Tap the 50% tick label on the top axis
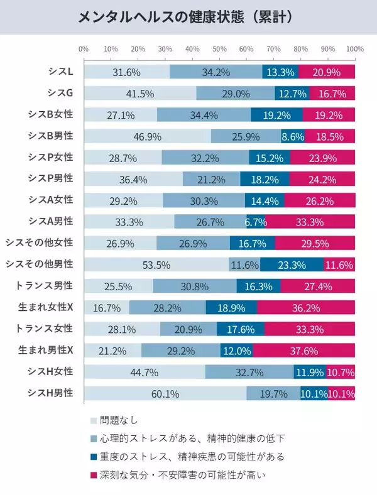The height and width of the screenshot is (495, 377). pyautogui.click(x=219, y=48)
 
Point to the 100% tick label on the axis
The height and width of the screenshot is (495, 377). pyautogui.click(x=354, y=48)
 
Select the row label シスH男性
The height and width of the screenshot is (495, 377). pyautogui.click(x=51, y=393)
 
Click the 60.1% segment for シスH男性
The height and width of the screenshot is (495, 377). pyautogui.click(x=165, y=394)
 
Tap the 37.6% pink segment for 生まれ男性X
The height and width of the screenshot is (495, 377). pyautogui.click(x=303, y=351)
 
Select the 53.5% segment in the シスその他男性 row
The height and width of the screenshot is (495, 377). pyautogui.click(x=156, y=264)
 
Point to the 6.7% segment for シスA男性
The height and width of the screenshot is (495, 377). pyautogui.click(x=256, y=222)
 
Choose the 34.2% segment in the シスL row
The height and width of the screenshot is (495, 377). pyautogui.click(x=216, y=72)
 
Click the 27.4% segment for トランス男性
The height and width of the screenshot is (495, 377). pyautogui.click(x=318, y=286)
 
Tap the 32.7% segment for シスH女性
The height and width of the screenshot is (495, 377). pyautogui.click(x=249, y=372)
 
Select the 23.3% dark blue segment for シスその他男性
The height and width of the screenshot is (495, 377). pyautogui.click(x=292, y=264)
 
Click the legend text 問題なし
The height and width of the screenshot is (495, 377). pyautogui.click(x=119, y=420)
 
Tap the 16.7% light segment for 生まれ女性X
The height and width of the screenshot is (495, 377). pyautogui.click(x=106, y=308)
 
